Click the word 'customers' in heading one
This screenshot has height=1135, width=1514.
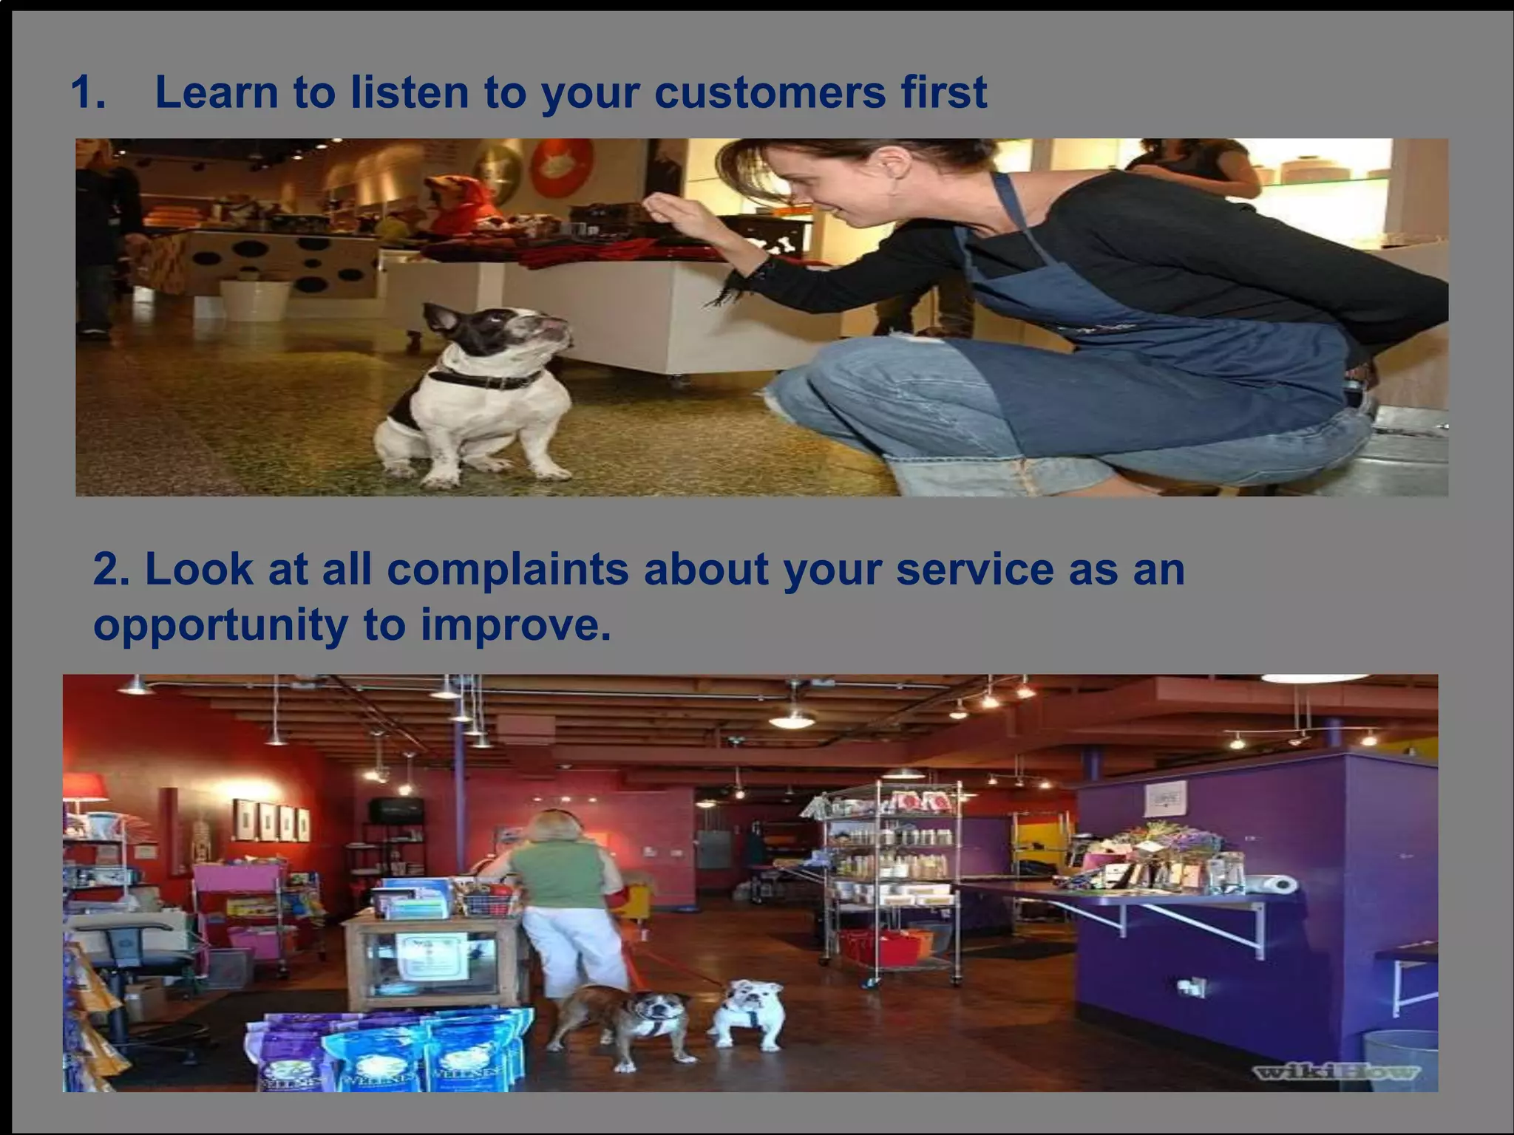click(769, 94)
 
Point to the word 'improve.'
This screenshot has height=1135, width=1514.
click(516, 626)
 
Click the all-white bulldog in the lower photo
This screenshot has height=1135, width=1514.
click(748, 1012)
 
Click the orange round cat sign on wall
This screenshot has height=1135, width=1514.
click(562, 168)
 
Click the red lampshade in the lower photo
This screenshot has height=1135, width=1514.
click(83, 786)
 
